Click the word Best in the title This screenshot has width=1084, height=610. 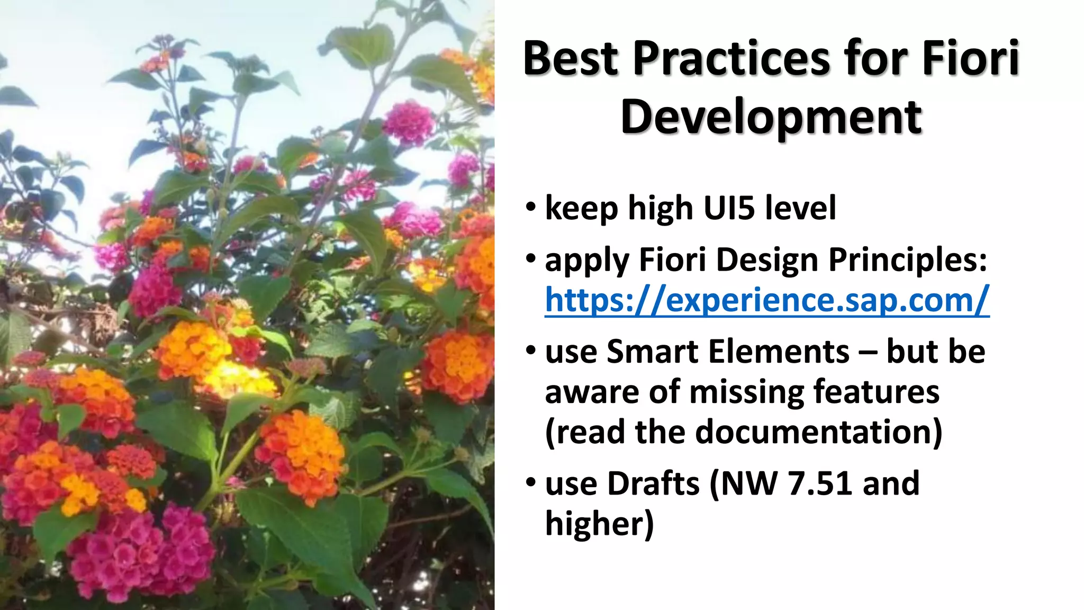(x=570, y=58)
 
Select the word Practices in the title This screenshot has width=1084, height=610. (x=732, y=58)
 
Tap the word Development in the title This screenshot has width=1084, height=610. (x=771, y=118)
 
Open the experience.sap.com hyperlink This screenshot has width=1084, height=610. (x=766, y=300)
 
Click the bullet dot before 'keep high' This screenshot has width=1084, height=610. (x=531, y=208)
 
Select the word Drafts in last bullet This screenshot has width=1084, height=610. (x=654, y=484)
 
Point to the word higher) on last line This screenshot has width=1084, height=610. (x=599, y=524)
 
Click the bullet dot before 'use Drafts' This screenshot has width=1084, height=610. (x=531, y=483)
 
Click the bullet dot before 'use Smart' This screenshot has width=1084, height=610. (x=531, y=351)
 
